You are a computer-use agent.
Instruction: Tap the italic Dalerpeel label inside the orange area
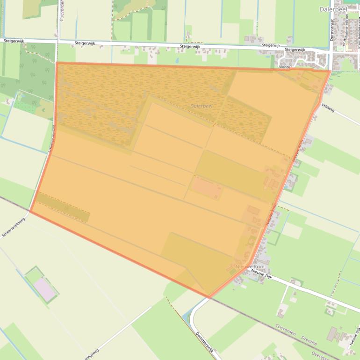point(202,106)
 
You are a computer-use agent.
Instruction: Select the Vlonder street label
point(285,67)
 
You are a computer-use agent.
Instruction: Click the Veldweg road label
point(328,108)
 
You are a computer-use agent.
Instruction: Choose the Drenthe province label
point(309,343)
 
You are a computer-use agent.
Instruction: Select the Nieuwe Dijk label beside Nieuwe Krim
point(261,274)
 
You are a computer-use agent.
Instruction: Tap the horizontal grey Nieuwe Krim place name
point(250,266)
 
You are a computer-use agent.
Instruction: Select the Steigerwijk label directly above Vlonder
point(295,50)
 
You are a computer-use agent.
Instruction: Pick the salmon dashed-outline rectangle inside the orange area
point(207,188)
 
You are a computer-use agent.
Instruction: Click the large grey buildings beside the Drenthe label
point(335,334)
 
